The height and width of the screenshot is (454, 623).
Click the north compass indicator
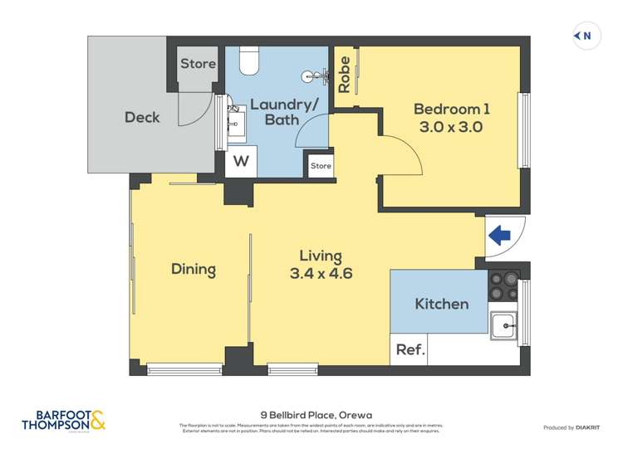pyautogui.click(x=586, y=36)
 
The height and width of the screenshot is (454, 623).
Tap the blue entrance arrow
pyautogui.click(x=499, y=236)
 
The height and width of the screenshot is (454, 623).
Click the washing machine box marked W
pyautogui.click(x=241, y=161)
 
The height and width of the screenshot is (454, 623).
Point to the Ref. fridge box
pyautogui.click(x=410, y=350)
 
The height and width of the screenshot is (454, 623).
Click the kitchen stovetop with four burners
pyautogui.click(x=504, y=286)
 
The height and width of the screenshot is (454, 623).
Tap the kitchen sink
pyautogui.click(x=503, y=325)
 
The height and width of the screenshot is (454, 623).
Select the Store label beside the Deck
pyautogui.click(x=198, y=64)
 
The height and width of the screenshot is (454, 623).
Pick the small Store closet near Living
pyautogui.click(x=321, y=165)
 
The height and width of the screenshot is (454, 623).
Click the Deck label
pyautogui.click(x=142, y=117)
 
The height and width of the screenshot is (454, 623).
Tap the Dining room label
pyautogui.click(x=194, y=269)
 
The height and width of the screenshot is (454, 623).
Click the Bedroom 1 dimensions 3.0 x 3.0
pyautogui.click(x=452, y=127)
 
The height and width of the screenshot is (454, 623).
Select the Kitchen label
pyautogui.click(x=441, y=304)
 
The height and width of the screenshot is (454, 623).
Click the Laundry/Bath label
pyautogui.click(x=273, y=112)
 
